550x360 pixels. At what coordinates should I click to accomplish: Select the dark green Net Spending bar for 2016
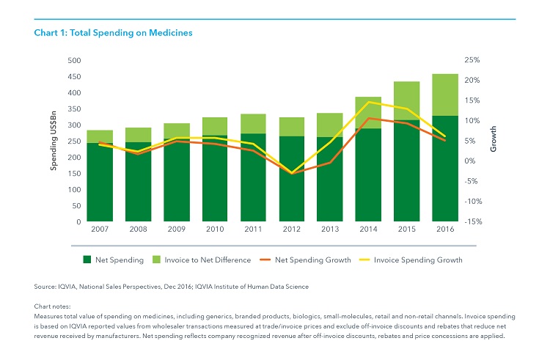tap(444, 169)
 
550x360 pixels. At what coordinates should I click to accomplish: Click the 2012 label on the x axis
tap(291, 230)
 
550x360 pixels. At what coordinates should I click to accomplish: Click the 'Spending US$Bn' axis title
tap(54, 141)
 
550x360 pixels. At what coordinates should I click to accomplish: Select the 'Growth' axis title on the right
tap(493, 141)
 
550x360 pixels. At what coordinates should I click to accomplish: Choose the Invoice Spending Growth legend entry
tap(417, 260)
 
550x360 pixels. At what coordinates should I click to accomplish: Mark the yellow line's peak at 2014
tap(368, 102)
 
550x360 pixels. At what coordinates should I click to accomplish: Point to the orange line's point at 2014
tap(368, 118)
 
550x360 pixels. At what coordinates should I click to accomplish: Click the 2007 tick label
tap(100, 230)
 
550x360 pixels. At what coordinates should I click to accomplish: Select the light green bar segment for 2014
tap(367, 113)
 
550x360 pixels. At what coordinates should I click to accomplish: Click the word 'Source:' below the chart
tap(48, 286)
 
